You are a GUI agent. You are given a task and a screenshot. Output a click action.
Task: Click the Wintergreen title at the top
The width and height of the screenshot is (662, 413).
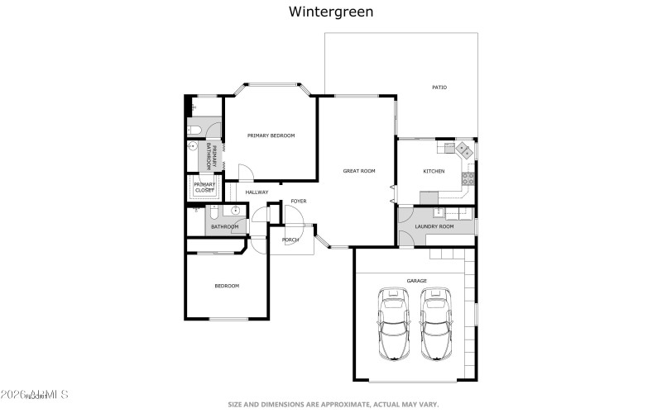(330, 12)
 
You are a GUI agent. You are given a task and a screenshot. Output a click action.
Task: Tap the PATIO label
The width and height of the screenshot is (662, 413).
(439, 88)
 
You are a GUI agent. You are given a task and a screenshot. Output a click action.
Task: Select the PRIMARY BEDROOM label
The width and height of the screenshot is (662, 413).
(271, 135)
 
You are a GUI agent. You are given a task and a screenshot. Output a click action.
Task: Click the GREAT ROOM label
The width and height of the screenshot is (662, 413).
(359, 171)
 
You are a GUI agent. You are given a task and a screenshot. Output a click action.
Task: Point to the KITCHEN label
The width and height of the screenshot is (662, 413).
(434, 171)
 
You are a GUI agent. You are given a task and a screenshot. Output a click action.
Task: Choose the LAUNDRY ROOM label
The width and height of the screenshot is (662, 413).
(434, 226)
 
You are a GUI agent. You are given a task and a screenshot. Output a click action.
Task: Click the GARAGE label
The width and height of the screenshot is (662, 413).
(416, 281)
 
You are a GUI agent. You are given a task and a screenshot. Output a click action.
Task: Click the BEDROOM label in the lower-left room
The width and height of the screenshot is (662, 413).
(227, 286)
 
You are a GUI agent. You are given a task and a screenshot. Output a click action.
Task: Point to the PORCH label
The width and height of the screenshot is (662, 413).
(290, 240)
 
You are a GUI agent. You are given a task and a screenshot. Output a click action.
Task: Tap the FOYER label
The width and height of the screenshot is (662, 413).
(298, 201)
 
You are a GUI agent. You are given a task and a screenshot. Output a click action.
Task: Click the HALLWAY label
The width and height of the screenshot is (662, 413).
(257, 192)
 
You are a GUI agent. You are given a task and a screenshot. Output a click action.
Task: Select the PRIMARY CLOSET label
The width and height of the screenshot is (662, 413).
(204, 188)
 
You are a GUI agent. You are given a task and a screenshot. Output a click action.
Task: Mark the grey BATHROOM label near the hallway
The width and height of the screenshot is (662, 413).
(224, 227)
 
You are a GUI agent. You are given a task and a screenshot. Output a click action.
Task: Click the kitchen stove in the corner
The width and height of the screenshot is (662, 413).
(463, 150)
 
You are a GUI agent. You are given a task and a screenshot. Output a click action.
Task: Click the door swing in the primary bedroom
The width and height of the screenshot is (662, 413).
(246, 173)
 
